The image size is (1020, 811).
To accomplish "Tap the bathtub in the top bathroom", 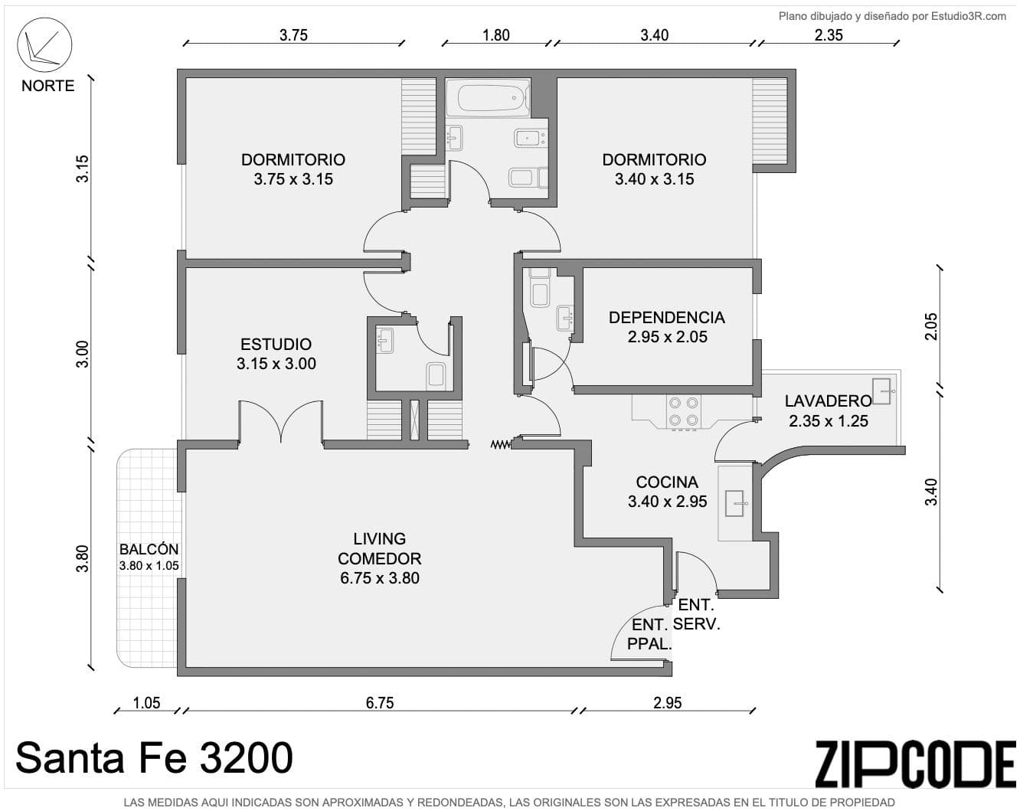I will pos(493,100).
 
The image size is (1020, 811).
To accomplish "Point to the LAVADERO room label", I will pos(827,401).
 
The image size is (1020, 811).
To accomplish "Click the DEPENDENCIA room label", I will pos(666,317).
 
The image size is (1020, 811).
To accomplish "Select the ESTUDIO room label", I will pos(276,344).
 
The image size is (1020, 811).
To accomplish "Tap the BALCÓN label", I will pos(149,549).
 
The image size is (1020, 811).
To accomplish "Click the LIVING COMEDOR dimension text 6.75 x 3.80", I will pos(379,578).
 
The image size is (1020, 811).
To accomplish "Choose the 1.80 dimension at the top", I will pos(495,34).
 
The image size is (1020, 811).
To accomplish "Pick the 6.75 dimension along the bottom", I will pos(379,702).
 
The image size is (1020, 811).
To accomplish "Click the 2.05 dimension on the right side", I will pos(931,327).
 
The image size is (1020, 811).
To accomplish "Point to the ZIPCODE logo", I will pos(914,763).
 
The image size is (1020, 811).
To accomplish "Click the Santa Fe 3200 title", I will pos(154,757).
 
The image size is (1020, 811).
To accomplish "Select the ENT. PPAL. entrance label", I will pos(649,635).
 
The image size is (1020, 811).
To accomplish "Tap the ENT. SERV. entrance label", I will pos(696,615).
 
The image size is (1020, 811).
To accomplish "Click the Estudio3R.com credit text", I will pos(892,16).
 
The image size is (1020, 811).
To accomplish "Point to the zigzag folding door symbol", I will pos(500,443).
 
